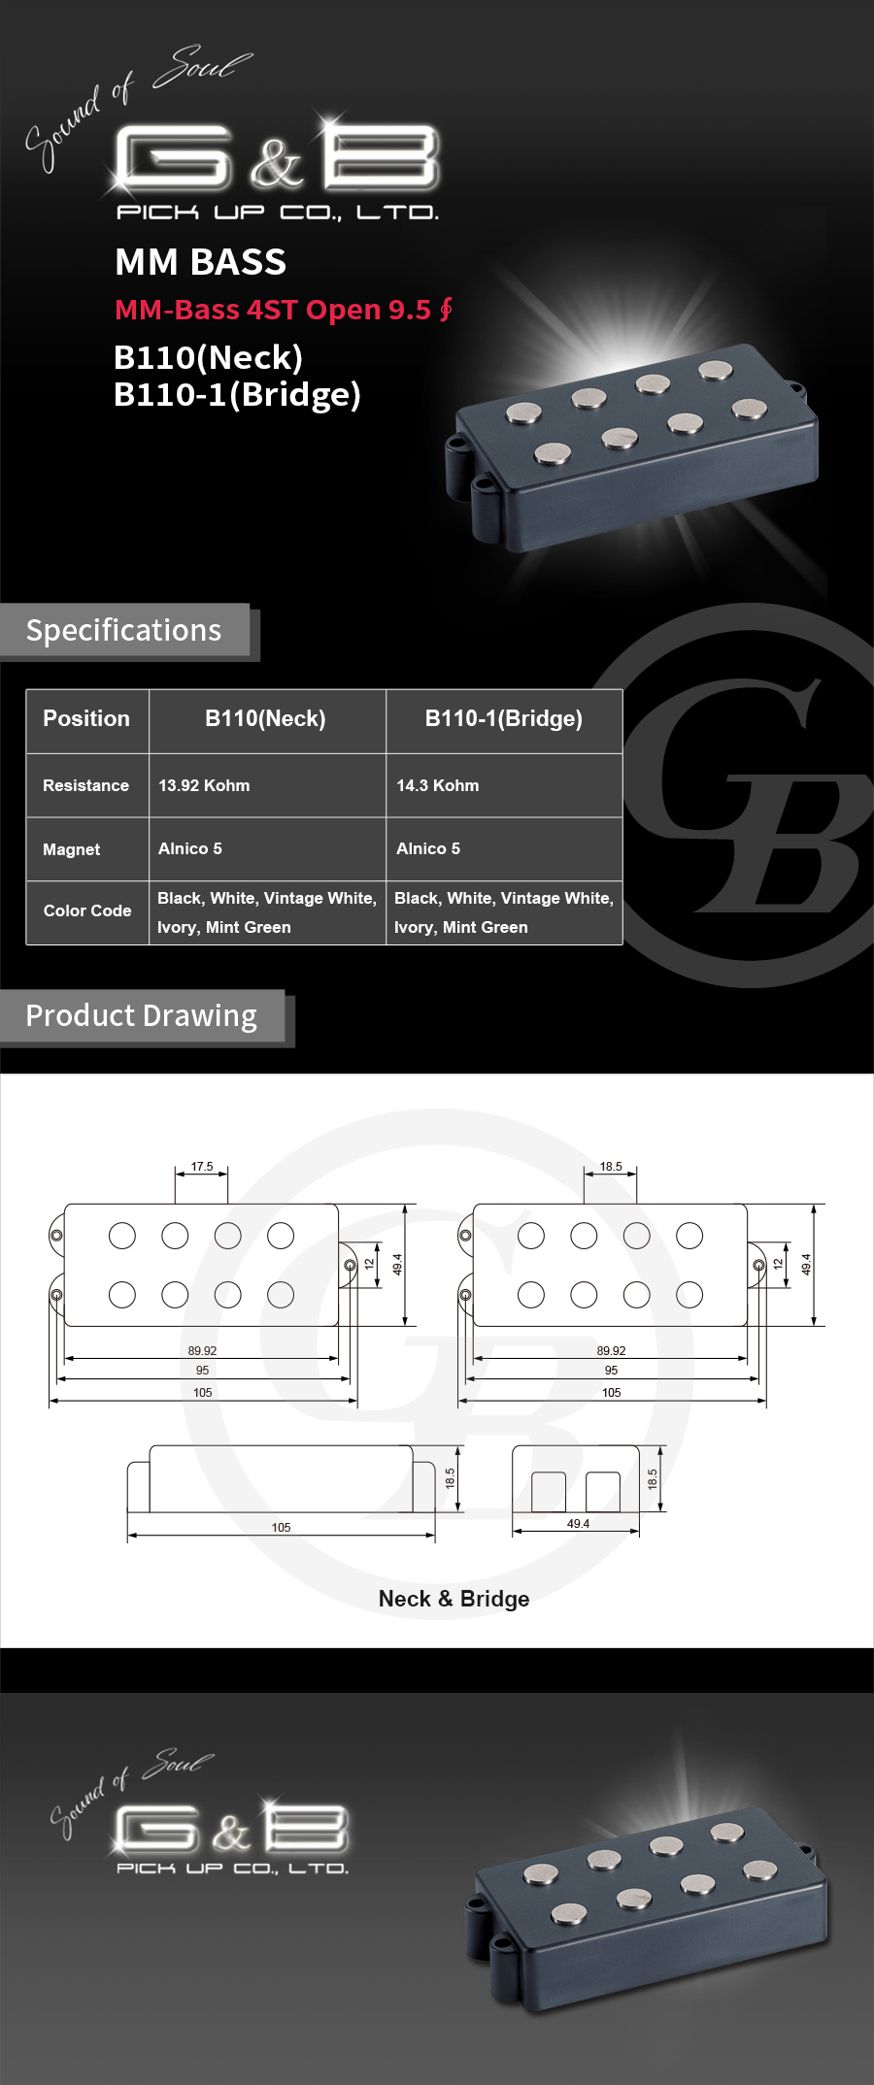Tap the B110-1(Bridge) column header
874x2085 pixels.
point(504,719)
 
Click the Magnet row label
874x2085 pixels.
point(71,849)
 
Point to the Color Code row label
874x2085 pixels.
point(87,910)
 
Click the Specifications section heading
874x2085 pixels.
point(123,630)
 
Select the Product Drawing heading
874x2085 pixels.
point(142,1015)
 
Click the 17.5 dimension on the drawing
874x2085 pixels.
point(202,1167)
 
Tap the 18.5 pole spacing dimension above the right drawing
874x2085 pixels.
point(611,1167)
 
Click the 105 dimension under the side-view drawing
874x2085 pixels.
point(281,1527)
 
